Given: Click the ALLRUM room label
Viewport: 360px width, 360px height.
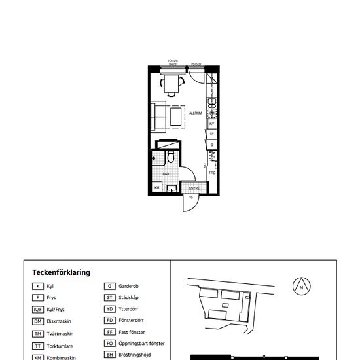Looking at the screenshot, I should click(x=195, y=113).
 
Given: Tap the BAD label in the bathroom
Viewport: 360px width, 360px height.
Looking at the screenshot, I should click(x=166, y=174).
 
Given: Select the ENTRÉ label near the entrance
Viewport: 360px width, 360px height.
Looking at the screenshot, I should click(x=194, y=188).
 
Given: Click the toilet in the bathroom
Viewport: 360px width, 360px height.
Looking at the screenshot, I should click(x=170, y=157).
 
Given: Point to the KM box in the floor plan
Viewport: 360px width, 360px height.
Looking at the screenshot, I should click(x=157, y=188).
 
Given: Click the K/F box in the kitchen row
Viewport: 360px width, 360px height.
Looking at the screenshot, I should click(x=211, y=122).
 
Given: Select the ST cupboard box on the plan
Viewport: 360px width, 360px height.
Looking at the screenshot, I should click(x=211, y=134).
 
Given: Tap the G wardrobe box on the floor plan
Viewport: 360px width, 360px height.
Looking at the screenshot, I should click(x=211, y=145).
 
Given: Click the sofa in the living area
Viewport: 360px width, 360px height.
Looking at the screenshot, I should click(x=158, y=116).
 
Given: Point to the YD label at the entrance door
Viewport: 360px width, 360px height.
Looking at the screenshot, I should click(x=190, y=197).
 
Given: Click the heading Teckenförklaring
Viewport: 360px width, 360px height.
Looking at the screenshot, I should click(x=62, y=272).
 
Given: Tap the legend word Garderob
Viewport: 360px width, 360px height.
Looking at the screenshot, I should click(x=129, y=286).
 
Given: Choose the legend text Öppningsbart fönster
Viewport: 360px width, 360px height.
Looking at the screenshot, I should click(x=141, y=344).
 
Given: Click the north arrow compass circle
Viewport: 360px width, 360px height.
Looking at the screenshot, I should click(x=301, y=286).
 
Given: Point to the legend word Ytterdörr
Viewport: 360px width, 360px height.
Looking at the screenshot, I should click(x=130, y=310).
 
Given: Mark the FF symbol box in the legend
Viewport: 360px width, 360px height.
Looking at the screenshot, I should click(x=110, y=333).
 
